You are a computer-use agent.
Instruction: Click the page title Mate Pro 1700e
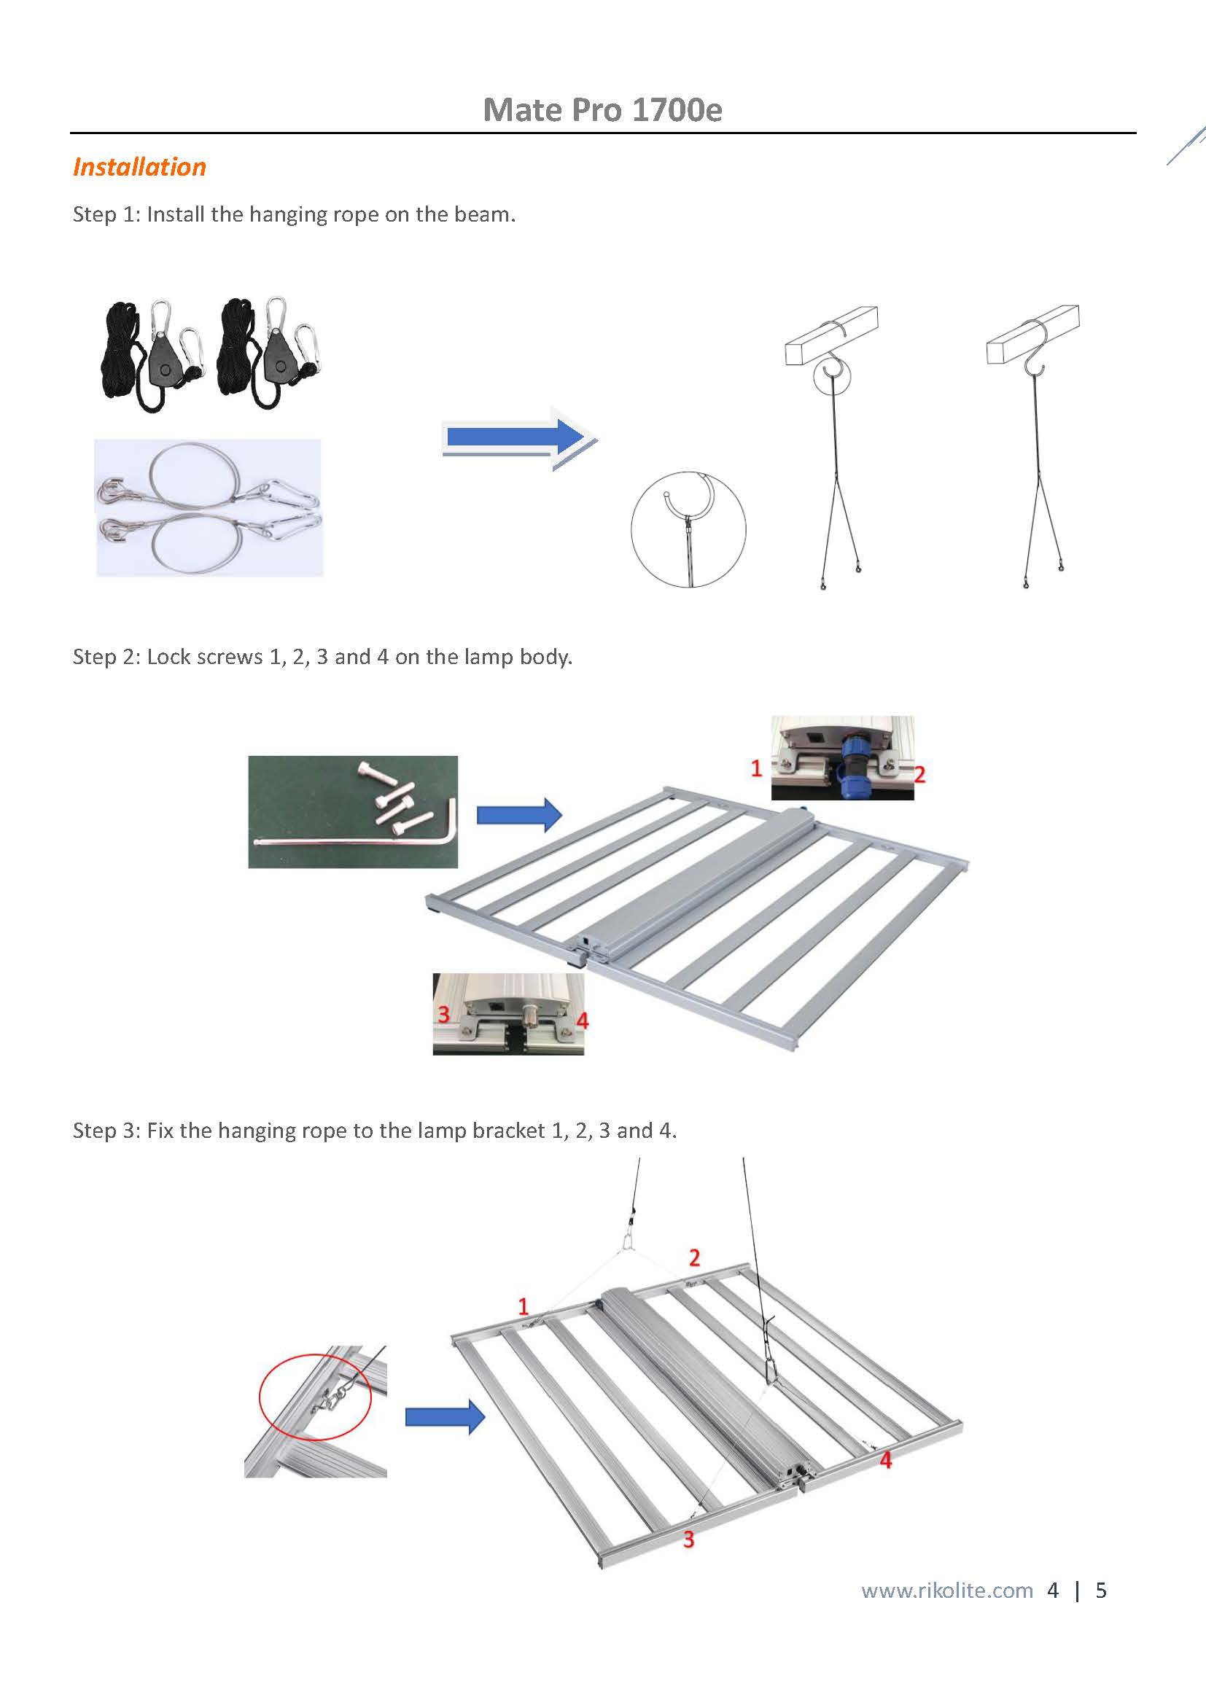pos(602,110)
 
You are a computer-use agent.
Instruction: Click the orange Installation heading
pos(139,167)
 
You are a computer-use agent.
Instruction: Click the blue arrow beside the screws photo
pos(519,815)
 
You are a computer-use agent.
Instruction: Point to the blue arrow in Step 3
pos(445,1417)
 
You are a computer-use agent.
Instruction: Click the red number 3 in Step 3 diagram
pos(688,1540)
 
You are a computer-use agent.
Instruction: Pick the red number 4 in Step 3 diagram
pos(885,1460)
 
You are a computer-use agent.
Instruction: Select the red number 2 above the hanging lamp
pos(694,1257)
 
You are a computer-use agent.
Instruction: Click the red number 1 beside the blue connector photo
pos(756,768)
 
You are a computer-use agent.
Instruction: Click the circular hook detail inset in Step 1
pos(688,528)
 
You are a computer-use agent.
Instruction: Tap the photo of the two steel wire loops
pos(209,507)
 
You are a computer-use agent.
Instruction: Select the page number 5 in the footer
pos(1100,1590)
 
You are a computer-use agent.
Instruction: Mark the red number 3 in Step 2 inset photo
pos(443,1014)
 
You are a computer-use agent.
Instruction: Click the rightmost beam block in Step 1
pos(1033,334)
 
